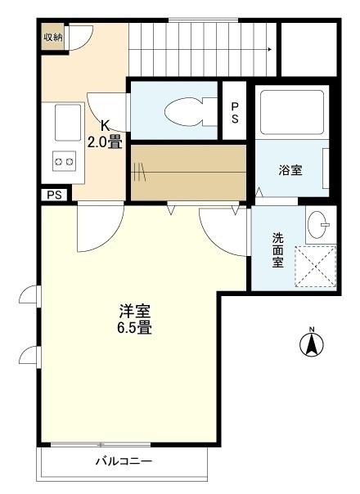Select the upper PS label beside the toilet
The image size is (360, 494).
(235, 111)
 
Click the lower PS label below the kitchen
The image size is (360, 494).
(54, 195)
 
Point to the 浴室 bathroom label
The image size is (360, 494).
(290, 170)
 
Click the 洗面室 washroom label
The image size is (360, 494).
(278, 251)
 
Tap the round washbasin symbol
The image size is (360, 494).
(321, 222)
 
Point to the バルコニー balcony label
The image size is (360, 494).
(124, 461)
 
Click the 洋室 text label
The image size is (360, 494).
(133, 312)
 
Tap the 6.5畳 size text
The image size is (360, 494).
(133, 329)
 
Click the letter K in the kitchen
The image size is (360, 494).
(106, 125)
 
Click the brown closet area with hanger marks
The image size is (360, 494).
(190, 170)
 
